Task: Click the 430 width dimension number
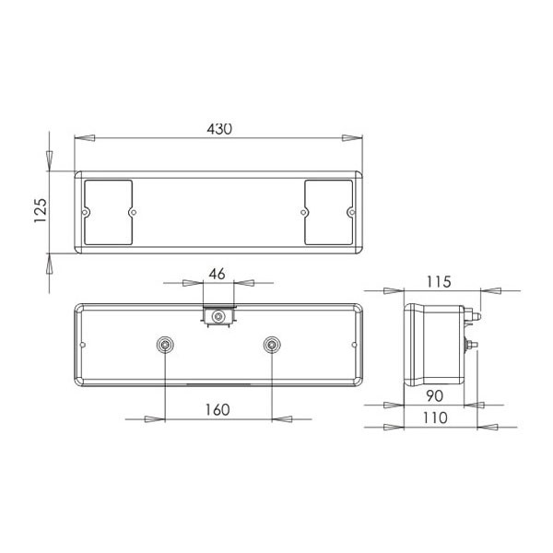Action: pos(219,129)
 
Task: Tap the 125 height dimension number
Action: pos(41,210)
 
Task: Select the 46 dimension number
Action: pos(217,274)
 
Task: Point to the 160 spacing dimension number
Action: pos(218,410)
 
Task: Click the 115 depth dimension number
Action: pos(439,282)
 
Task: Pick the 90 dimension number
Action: pos(434,396)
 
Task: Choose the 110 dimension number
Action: pos(435,418)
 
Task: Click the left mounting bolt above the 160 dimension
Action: pos(165,345)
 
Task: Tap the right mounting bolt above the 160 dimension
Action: pos(272,345)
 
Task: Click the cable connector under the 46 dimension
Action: pos(218,316)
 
